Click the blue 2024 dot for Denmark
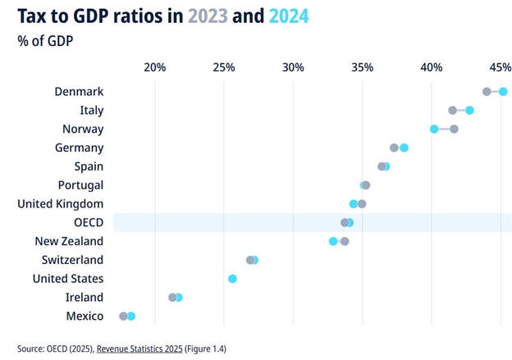pyautogui.click(x=503, y=92)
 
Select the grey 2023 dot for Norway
pyautogui.click(x=454, y=129)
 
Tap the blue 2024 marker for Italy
pyautogui.click(x=469, y=110)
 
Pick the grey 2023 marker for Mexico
pyautogui.click(x=123, y=316)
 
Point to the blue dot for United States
pyautogui.click(x=232, y=279)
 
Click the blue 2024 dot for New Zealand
pyautogui.click(x=333, y=241)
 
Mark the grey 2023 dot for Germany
pyautogui.click(x=394, y=148)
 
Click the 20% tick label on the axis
pyautogui.click(x=154, y=66)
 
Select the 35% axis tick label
pyautogui.click(x=362, y=66)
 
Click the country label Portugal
pyautogui.click(x=80, y=185)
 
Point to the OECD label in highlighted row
pyautogui.click(x=88, y=222)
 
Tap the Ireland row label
pyautogui.click(x=85, y=297)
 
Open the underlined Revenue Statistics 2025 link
pyautogui.click(x=144, y=347)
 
